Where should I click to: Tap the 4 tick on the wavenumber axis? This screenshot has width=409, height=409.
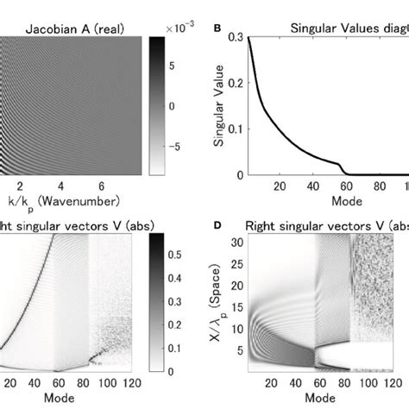click(60, 186)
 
